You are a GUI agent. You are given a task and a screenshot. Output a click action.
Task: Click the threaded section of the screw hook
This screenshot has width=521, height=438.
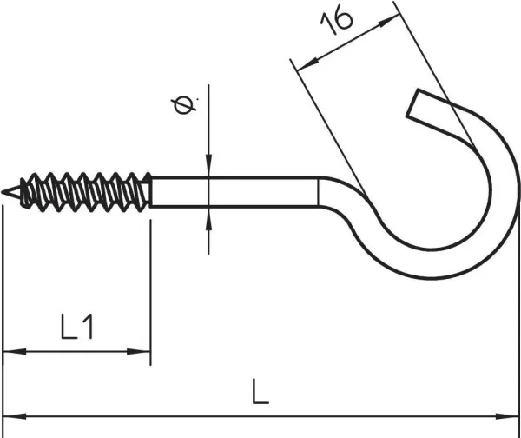(87, 192)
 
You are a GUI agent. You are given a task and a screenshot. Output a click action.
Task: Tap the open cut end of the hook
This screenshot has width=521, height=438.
(415, 107)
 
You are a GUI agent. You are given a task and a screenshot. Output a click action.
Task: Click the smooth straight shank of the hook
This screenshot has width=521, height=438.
(234, 192)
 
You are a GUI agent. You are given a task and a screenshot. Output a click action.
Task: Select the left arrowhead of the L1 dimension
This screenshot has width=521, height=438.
(12, 352)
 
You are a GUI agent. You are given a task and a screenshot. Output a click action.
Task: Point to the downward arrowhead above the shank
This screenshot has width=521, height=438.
(208, 169)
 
